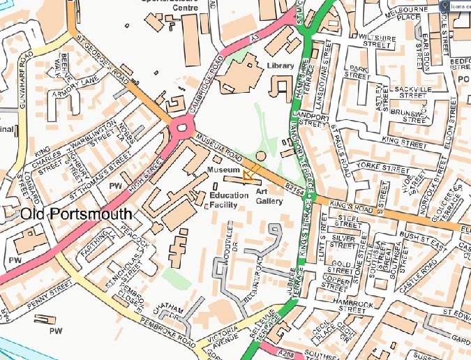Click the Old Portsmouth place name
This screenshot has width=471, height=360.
tap(75, 214)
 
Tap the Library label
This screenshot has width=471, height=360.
tap(280, 66)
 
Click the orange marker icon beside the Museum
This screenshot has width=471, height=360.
tap(248, 174)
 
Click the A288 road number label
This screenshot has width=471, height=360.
tap(294, 354)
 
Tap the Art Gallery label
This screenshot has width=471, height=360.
tap(269, 196)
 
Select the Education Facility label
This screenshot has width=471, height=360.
tap(229, 200)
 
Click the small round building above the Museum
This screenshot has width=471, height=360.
tap(261, 155)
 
